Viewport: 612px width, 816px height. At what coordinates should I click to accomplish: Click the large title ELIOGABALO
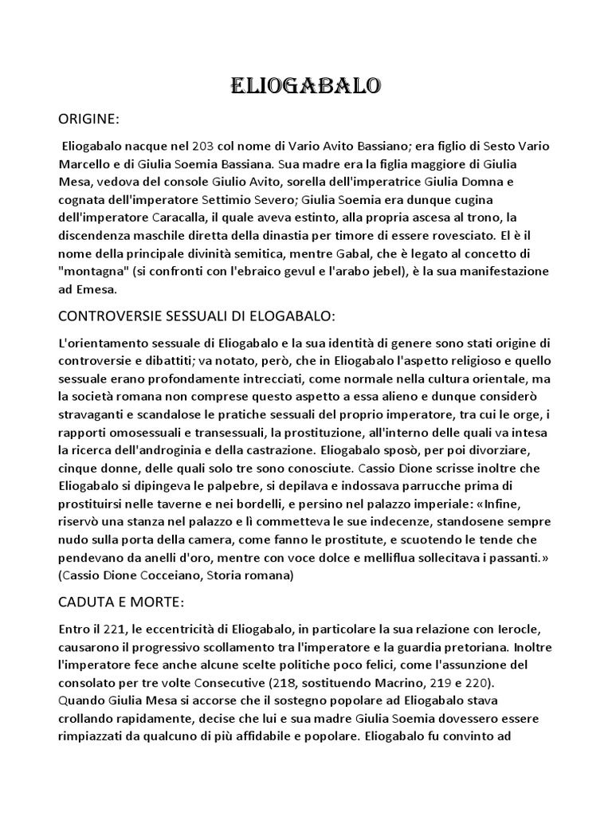click(x=305, y=86)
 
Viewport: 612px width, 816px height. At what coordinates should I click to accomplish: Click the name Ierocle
click(x=520, y=630)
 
